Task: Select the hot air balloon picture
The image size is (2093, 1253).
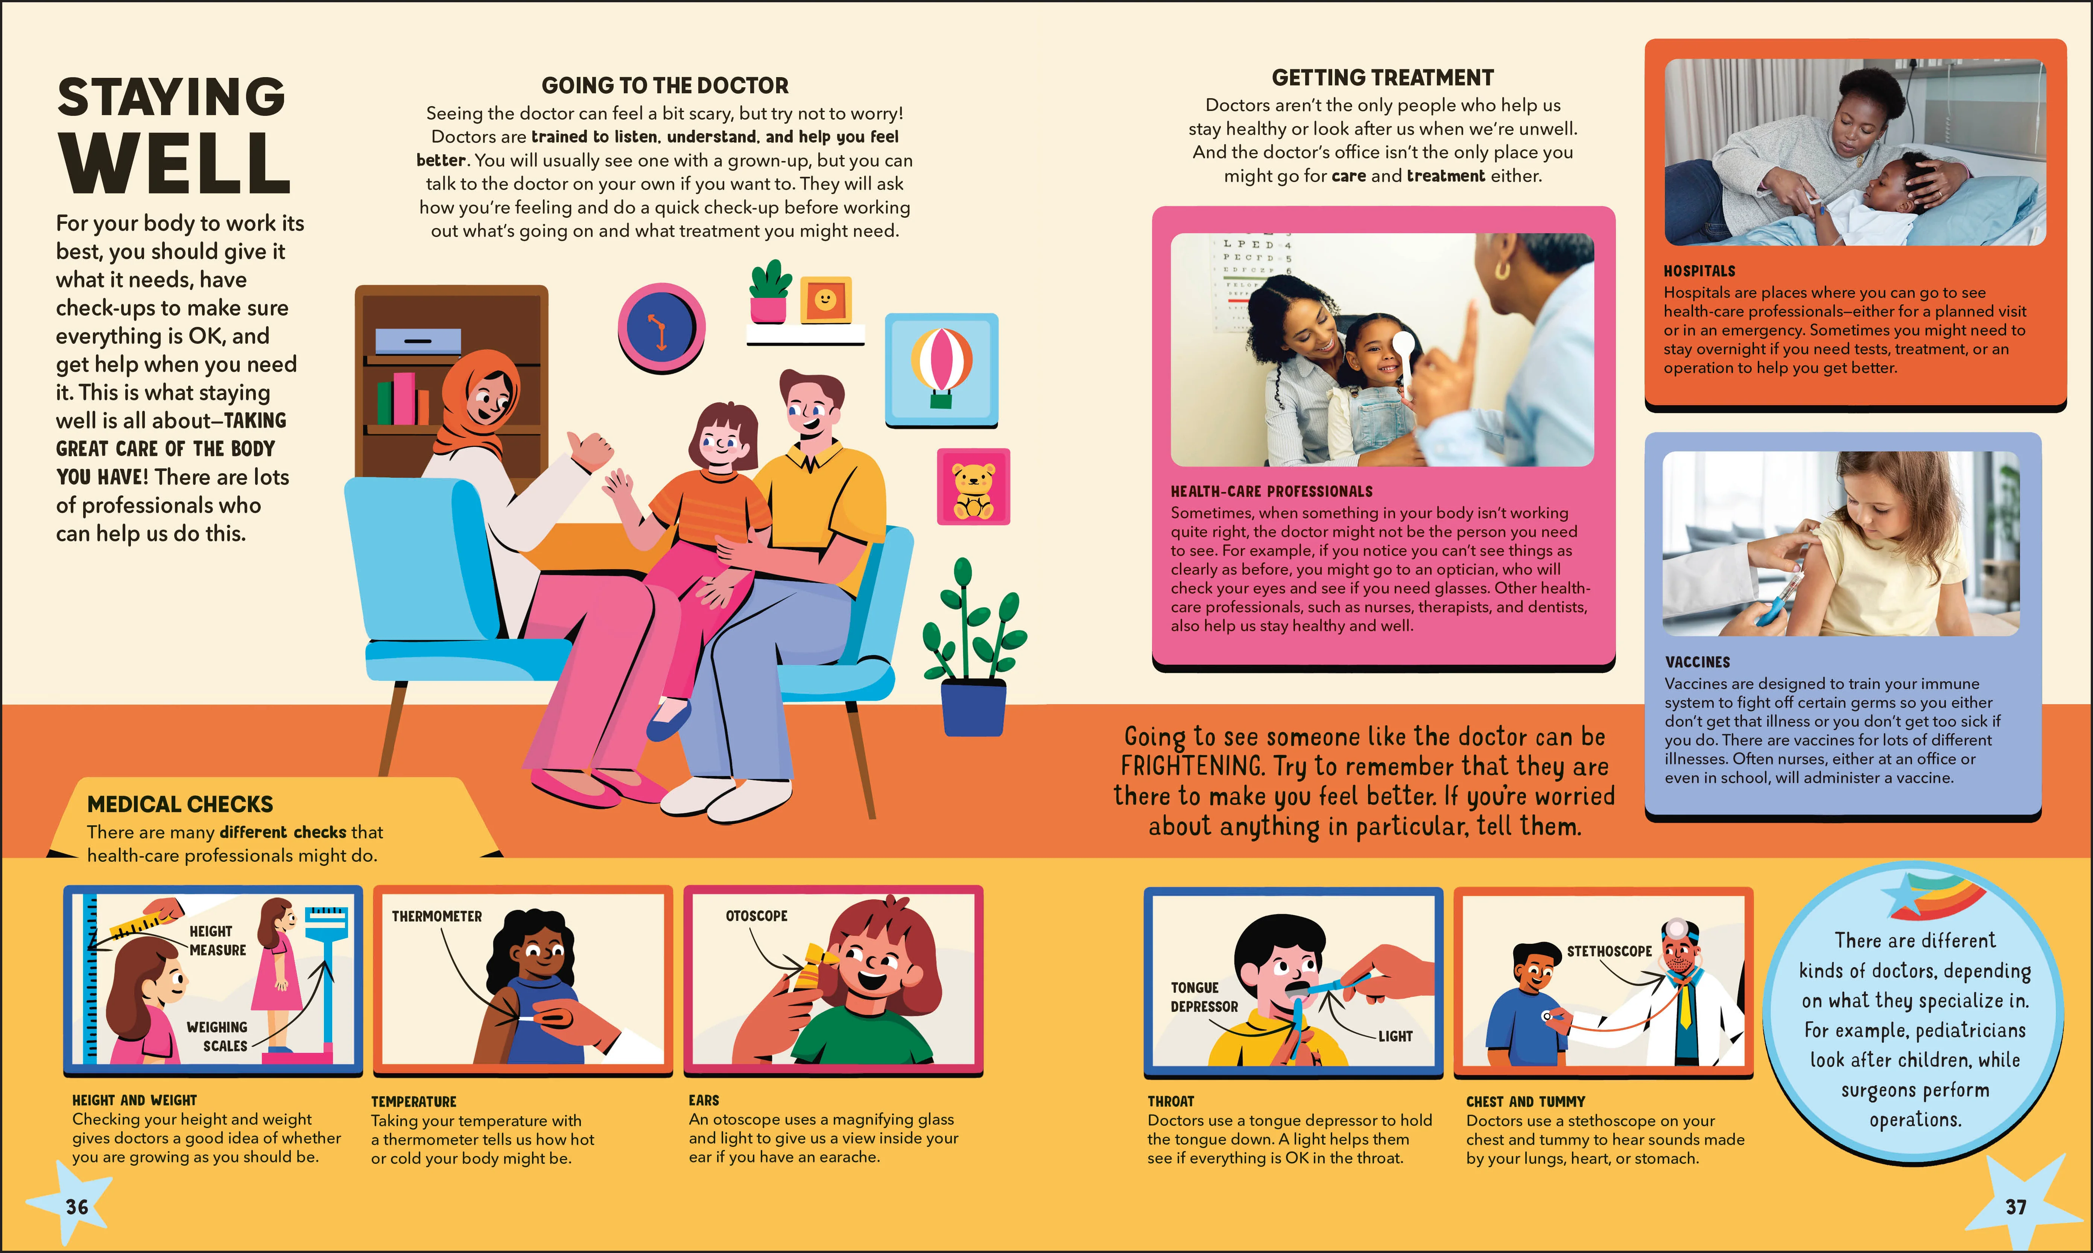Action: point(941,370)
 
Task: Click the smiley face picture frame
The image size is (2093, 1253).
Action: point(825,300)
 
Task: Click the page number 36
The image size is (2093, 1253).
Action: point(77,1207)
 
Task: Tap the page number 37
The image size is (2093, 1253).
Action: point(2016,1207)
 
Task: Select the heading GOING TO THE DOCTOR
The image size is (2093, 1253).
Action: point(665,85)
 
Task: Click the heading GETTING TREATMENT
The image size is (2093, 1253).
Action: point(1383,78)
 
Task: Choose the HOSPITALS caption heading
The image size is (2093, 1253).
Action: point(1699,271)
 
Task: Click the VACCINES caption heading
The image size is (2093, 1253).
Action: point(1698,662)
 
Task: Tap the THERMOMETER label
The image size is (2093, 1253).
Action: point(436,916)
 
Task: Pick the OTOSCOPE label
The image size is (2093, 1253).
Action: point(757,915)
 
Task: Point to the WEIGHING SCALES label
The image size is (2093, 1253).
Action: point(217,1036)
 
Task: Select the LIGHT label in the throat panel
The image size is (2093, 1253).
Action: point(1395,1036)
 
